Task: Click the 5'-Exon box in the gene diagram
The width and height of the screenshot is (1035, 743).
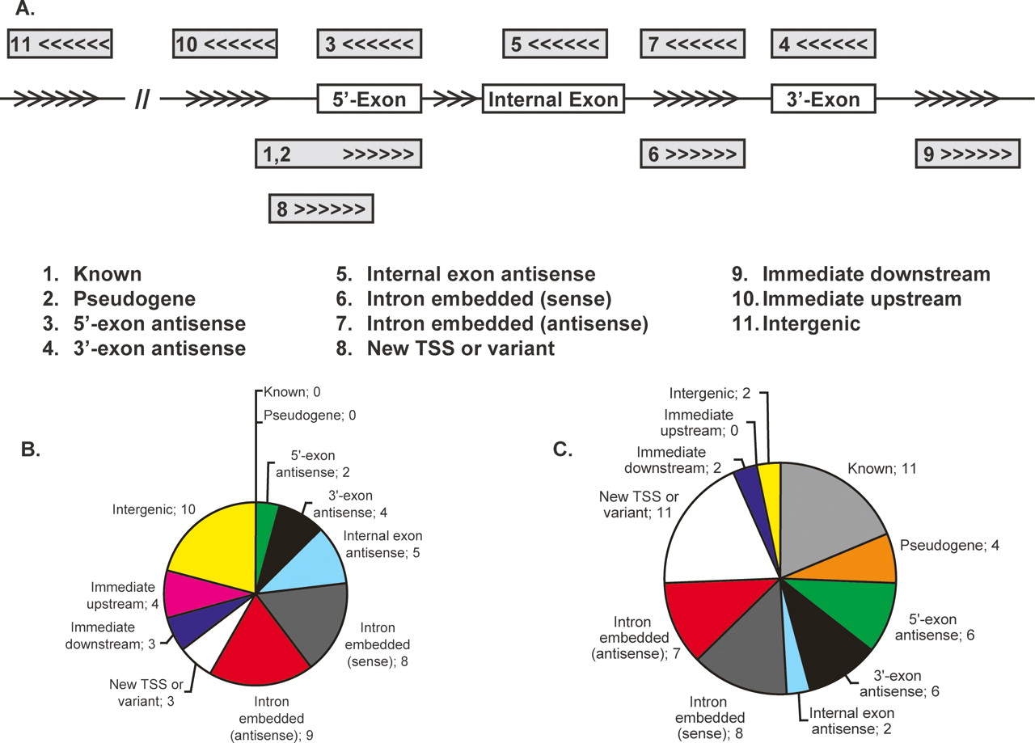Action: (x=370, y=99)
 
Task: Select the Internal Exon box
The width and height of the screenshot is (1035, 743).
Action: (x=554, y=99)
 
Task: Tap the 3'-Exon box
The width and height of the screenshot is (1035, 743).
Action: (x=823, y=99)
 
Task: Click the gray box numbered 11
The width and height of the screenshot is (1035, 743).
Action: (x=60, y=44)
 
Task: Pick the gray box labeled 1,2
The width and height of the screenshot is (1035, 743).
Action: (x=339, y=154)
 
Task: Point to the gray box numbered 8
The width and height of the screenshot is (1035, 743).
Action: (x=321, y=209)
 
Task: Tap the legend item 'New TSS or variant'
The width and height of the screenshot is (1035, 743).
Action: (x=461, y=348)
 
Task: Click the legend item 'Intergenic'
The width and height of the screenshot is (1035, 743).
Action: (x=810, y=324)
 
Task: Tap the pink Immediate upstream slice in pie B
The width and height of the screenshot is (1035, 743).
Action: (x=194, y=592)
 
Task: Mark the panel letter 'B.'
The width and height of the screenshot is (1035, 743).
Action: (x=31, y=450)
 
